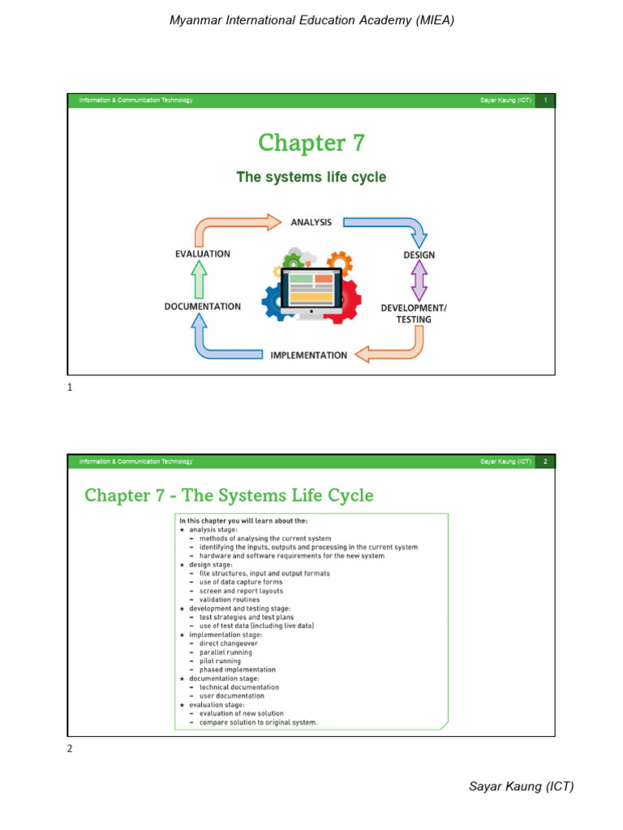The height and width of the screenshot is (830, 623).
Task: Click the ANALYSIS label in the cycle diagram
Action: coord(311,222)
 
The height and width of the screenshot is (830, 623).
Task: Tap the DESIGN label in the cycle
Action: coord(419,255)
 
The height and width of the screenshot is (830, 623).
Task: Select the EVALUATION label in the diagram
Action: coord(203,254)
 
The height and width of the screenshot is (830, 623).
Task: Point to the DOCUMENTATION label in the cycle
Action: coord(203,306)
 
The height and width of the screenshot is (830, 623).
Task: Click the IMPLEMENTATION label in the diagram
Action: coord(308,355)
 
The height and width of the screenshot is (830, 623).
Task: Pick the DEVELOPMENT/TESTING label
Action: coord(414,314)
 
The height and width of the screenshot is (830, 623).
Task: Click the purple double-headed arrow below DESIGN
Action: coord(419,281)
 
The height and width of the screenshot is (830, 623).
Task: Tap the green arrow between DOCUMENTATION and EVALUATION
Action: coord(200,280)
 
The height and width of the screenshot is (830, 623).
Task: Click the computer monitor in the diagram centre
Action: coord(311,292)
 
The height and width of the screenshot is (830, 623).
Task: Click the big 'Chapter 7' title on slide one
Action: coord(311,143)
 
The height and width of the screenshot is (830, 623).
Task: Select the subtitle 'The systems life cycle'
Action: coord(311,177)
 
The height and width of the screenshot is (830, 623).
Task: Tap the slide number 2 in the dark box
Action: coord(546,462)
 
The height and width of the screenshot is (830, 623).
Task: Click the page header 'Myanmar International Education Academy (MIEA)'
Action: coord(311,20)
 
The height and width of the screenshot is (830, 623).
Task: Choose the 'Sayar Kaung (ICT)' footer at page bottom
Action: coord(522,786)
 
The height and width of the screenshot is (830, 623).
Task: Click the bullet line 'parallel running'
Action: coord(226,652)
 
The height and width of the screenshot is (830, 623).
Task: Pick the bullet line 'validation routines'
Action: coord(230,600)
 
